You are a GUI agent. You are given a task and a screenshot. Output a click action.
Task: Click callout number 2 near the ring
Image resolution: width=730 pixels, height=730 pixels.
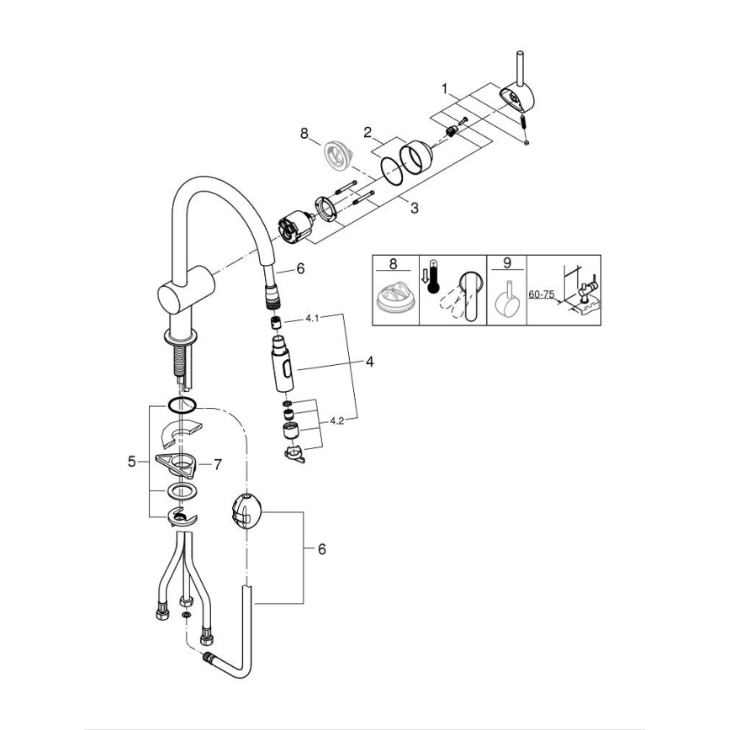click(x=368, y=131)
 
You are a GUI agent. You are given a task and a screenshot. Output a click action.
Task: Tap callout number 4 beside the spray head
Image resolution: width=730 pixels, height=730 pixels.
click(x=368, y=363)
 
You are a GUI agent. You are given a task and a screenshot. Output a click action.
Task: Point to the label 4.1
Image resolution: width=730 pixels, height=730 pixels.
click(x=313, y=319)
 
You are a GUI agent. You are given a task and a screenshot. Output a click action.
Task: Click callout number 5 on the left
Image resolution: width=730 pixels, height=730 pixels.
click(x=131, y=461)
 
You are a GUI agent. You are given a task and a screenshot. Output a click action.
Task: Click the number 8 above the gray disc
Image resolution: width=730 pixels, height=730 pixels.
click(x=304, y=132)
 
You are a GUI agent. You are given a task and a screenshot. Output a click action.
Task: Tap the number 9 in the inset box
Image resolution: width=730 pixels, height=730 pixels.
click(x=506, y=263)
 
